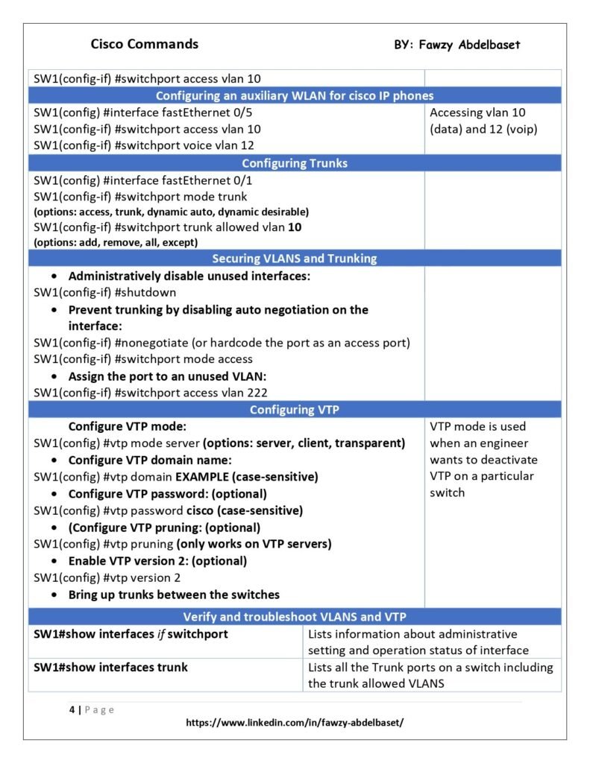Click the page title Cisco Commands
coord(144,44)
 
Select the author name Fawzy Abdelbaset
coord(457,45)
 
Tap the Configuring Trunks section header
coord(295,163)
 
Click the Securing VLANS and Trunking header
coord(295,259)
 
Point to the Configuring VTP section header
coord(295,410)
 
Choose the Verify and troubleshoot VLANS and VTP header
coord(295,617)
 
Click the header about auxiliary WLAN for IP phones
coord(295,95)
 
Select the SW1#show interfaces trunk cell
coord(111,667)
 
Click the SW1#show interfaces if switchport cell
coord(131,634)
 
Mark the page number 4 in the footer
coord(72,709)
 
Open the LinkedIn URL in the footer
coord(295,723)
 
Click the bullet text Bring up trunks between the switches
coord(174,595)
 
